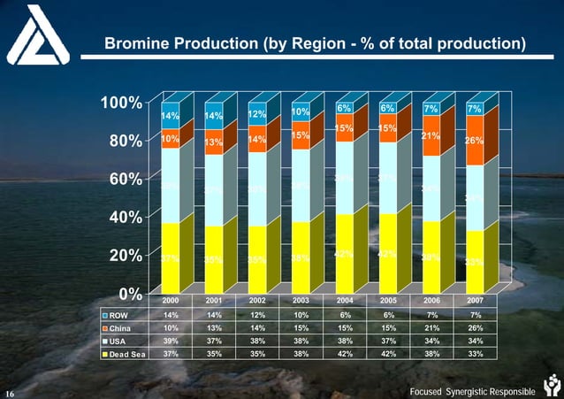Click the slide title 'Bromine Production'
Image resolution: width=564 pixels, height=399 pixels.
314,43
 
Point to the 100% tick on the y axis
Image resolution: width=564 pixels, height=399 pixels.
123,103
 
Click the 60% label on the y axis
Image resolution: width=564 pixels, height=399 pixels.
126,179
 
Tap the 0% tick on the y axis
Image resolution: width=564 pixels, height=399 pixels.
132,293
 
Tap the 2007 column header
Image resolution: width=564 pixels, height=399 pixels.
474,301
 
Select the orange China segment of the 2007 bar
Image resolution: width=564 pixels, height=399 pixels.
474,141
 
